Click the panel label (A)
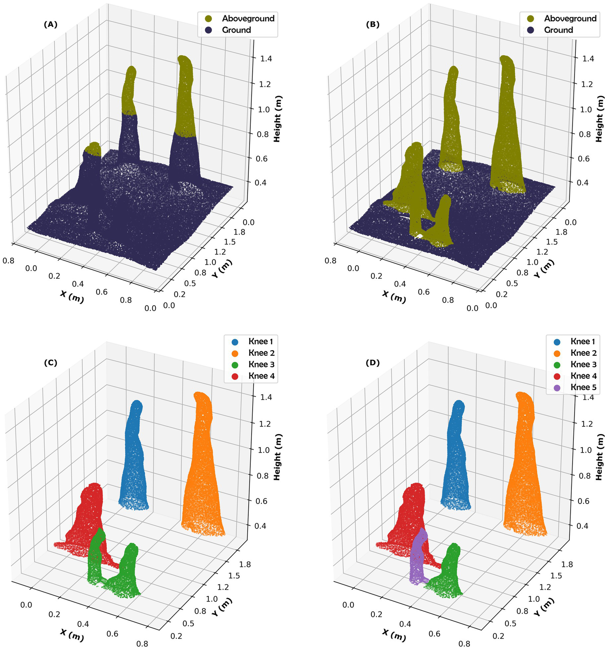pyautogui.click(x=50, y=25)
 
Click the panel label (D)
pyautogui.click(x=373, y=362)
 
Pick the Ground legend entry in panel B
pyautogui.click(x=558, y=30)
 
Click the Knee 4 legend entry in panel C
pyautogui.click(x=261, y=376)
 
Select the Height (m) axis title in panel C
pyautogui.click(x=277, y=457)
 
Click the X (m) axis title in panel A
pyautogui.click(x=72, y=296)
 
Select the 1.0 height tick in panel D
pyautogui.click(x=586, y=450)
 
